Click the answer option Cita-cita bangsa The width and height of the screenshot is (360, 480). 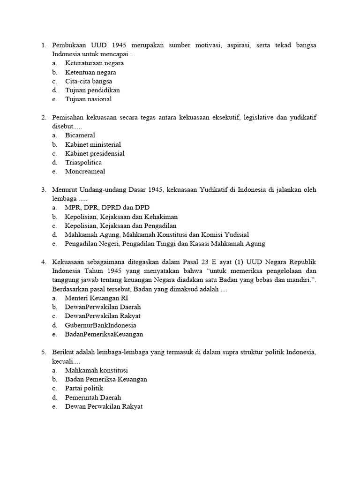89,81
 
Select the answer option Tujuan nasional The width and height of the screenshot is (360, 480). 89,99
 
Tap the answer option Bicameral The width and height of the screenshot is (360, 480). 80,135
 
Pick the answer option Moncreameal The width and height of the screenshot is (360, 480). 84,171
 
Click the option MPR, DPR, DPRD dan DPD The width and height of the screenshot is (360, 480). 107,208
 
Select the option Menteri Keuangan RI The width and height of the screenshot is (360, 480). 97,298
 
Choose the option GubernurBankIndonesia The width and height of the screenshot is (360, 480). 101,325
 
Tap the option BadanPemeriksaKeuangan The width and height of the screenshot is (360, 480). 104,334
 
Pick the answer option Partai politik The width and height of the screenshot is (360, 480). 84,389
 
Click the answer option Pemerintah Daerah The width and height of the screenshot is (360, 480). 93,397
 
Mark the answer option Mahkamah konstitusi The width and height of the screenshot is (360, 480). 97,370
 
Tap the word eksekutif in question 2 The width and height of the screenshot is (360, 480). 224,118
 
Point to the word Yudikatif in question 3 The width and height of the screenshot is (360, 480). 216,190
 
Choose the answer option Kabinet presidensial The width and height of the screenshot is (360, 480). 95,153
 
